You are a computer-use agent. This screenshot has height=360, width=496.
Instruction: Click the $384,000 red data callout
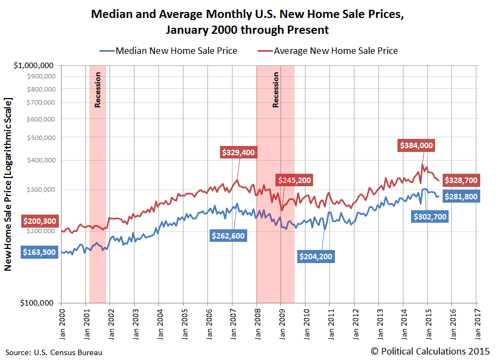pyautogui.click(x=417, y=145)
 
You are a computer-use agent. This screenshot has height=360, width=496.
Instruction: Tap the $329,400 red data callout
pyautogui.click(x=238, y=152)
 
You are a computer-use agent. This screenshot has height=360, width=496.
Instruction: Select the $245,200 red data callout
pyautogui.click(x=295, y=180)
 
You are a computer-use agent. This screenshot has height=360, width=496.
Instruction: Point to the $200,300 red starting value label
pyautogui.click(x=40, y=221)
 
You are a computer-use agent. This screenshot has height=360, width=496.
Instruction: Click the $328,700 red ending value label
pyautogui.click(x=461, y=180)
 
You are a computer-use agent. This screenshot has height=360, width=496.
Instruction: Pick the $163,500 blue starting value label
pyautogui.click(x=40, y=252)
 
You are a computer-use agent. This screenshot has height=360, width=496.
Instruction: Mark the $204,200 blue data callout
pyautogui.click(x=316, y=257)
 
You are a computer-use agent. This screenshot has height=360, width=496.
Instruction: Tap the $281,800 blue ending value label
pyautogui.click(x=461, y=197)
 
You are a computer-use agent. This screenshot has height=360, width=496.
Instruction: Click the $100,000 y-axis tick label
pyautogui.click(x=38, y=303)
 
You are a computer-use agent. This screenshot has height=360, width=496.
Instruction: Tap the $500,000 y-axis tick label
pyautogui.click(x=40, y=137)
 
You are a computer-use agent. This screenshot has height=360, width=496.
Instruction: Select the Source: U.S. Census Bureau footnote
pyautogui.click(x=54, y=352)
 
